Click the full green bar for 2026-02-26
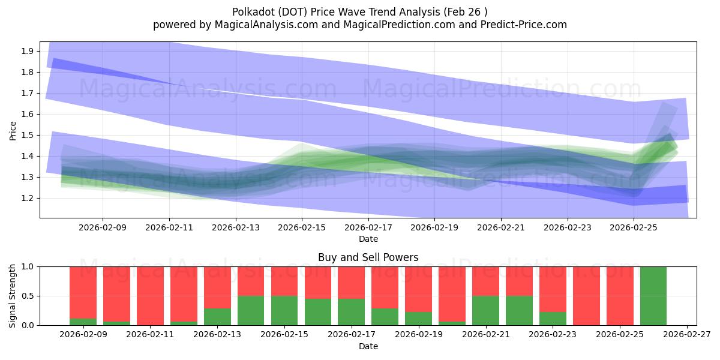click(x=653, y=296)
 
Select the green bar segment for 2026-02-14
click(x=251, y=310)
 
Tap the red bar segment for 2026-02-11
click(x=150, y=295)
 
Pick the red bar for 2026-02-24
click(x=586, y=296)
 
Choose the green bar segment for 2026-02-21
click(x=485, y=310)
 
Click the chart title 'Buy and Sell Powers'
click(x=368, y=258)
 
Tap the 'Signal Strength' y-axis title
click(x=13, y=296)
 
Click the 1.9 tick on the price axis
click(x=26, y=51)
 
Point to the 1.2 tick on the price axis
click(x=26, y=198)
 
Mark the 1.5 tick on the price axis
click(x=26, y=135)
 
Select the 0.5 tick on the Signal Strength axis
click(x=26, y=296)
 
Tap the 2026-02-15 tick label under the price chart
click(x=302, y=227)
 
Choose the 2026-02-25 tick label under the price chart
click(x=634, y=227)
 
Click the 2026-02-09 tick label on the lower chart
click(x=83, y=335)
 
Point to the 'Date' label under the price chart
click(x=368, y=239)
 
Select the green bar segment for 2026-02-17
click(x=351, y=311)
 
